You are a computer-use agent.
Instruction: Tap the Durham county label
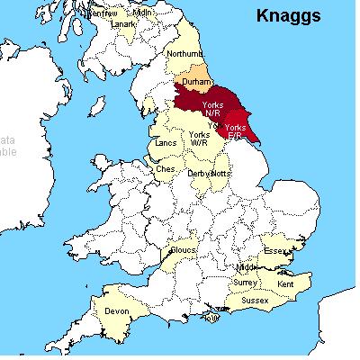(x=196, y=82)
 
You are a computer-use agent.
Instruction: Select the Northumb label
(x=184, y=55)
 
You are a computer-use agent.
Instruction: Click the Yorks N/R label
(x=214, y=110)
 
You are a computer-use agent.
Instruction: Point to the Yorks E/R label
(x=235, y=131)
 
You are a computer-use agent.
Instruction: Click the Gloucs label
(x=184, y=250)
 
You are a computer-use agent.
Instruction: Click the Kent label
(x=286, y=284)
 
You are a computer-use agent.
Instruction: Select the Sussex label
(x=255, y=299)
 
